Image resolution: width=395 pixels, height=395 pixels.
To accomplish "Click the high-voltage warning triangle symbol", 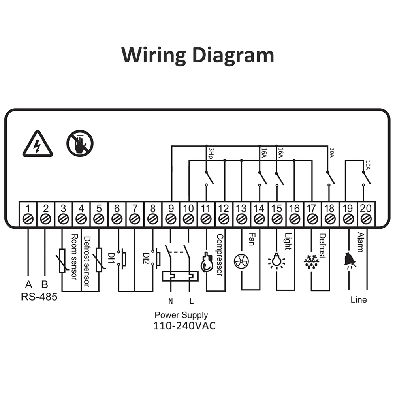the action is (38, 144).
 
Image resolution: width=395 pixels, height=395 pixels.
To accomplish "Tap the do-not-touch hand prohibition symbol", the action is (80, 143).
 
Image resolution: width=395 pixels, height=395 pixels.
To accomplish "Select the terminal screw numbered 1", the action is (28, 219).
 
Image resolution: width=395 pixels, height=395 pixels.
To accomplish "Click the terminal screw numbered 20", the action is (366, 219).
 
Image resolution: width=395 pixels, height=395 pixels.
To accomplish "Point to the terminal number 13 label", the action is (241, 208).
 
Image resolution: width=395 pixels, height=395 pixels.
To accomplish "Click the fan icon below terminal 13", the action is (241, 261).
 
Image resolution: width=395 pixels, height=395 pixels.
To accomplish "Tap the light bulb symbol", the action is (276, 260).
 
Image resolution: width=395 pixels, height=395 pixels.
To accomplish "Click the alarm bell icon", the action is (350, 260).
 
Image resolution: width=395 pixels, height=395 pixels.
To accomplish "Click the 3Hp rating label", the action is (211, 153).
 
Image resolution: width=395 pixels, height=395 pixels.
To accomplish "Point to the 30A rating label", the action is (332, 152).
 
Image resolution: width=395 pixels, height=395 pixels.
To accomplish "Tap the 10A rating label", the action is (368, 165).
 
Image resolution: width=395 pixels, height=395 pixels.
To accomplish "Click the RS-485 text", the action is (39, 297).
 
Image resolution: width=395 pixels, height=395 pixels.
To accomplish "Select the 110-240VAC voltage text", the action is (184, 326).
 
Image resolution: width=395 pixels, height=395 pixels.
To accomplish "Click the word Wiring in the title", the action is (154, 55).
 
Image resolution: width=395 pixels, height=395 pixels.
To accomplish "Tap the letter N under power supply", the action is (171, 301).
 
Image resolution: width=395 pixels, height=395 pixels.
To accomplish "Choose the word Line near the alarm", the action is (359, 299).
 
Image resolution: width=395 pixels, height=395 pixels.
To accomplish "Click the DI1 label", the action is (111, 258).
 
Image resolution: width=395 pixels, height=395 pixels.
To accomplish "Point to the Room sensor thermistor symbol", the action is (62, 261).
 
